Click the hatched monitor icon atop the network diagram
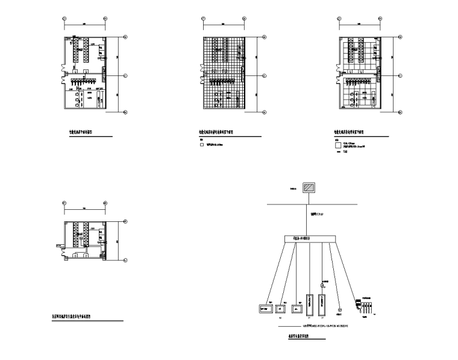tap(309, 188)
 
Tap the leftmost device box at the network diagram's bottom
tap(264, 308)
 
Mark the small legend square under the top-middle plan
tap(202, 145)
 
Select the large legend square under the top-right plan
tap(337, 145)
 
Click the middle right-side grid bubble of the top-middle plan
tap(264, 75)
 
